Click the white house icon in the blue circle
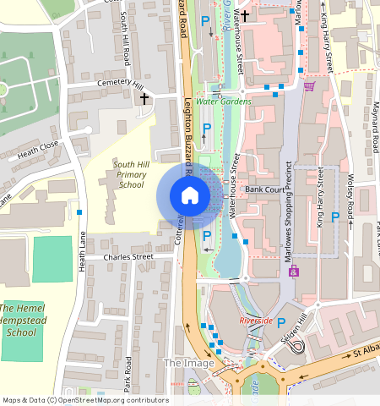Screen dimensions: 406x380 tap(190, 196)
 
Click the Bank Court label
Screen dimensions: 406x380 tap(263, 190)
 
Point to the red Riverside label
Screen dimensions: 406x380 tap(256, 321)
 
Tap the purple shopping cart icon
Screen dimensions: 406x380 tap(309, 86)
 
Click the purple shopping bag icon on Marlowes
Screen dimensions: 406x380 tap(294, 272)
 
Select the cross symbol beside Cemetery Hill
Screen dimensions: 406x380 tap(144, 99)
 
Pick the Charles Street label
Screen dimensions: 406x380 tap(128, 256)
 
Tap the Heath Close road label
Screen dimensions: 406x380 tap(38, 151)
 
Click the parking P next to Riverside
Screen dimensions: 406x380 tap(281, 322)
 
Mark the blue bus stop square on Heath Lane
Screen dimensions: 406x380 tap(79, 211)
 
